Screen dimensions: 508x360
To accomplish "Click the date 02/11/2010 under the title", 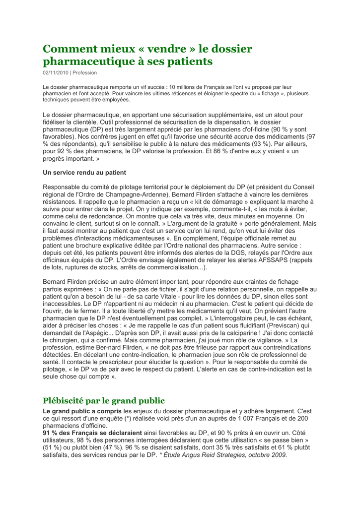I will pos(55,72).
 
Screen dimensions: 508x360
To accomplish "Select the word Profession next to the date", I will pos(84,72).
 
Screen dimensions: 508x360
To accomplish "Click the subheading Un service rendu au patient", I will pos(84,173).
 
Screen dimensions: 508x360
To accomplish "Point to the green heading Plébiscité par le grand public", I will pos(104,400).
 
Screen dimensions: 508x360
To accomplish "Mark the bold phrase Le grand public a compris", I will pos(82,411).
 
